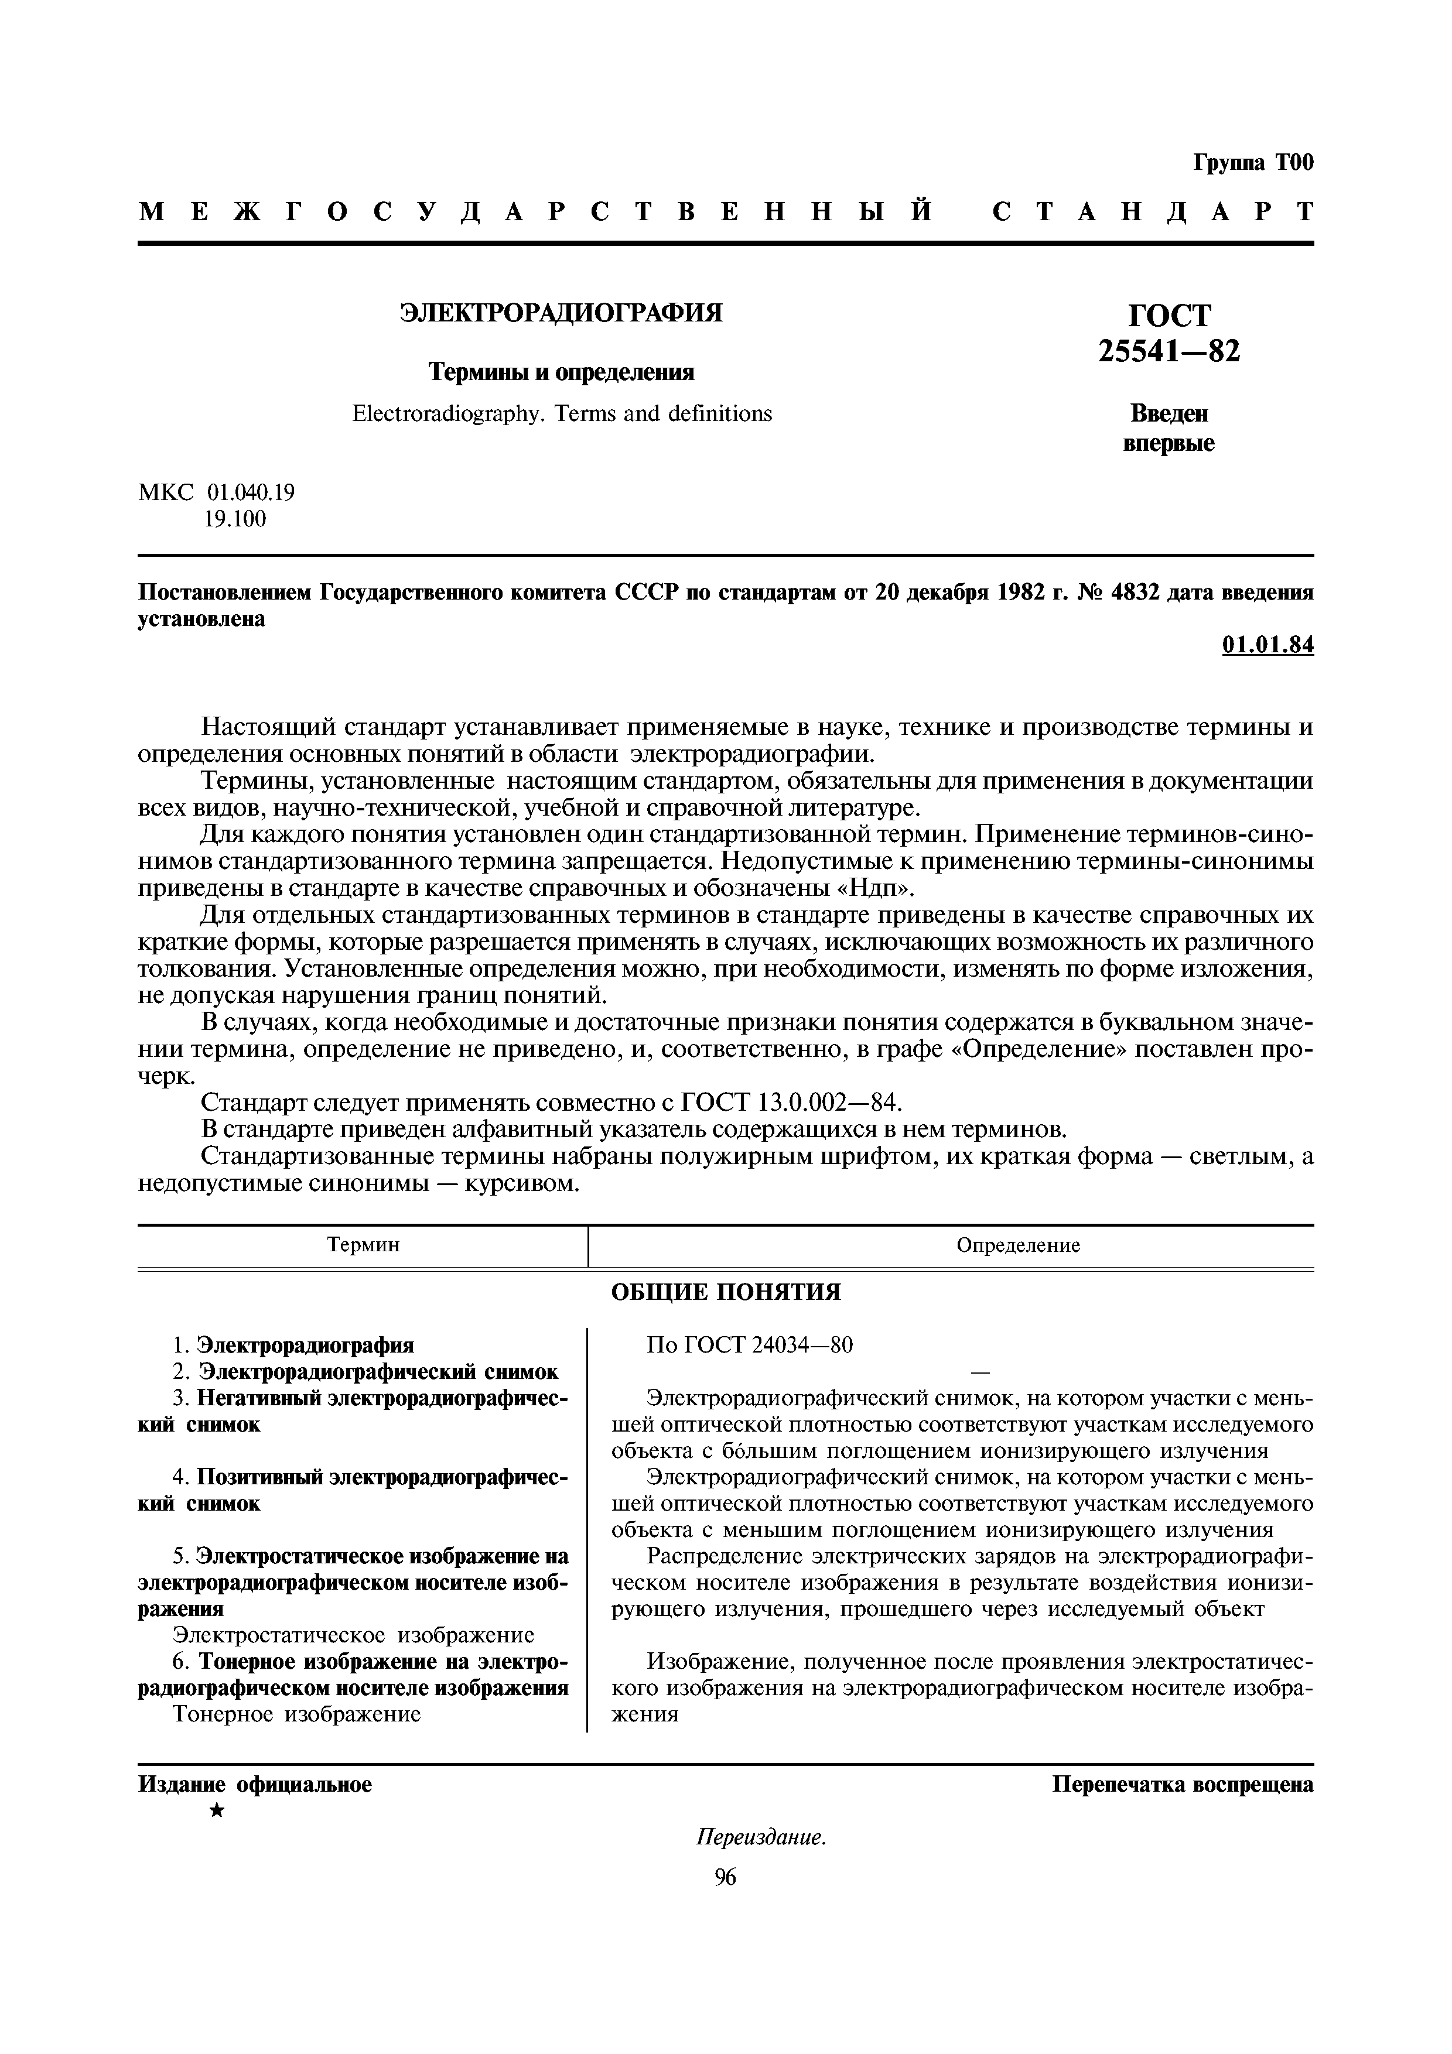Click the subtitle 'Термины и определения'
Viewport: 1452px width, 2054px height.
[561, 371]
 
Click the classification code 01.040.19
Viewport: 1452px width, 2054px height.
[251, 492]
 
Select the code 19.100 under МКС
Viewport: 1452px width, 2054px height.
[235, 519]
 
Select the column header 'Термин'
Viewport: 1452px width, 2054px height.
[363, 1245]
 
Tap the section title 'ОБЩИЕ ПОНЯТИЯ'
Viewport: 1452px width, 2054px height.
[726, 1292]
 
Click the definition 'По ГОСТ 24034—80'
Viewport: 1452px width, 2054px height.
[750, 1344]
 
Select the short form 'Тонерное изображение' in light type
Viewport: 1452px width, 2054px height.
[296, 1714]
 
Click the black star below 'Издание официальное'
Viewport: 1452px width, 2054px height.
[216, 1812]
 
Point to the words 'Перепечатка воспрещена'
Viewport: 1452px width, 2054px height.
[1182, 1785]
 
